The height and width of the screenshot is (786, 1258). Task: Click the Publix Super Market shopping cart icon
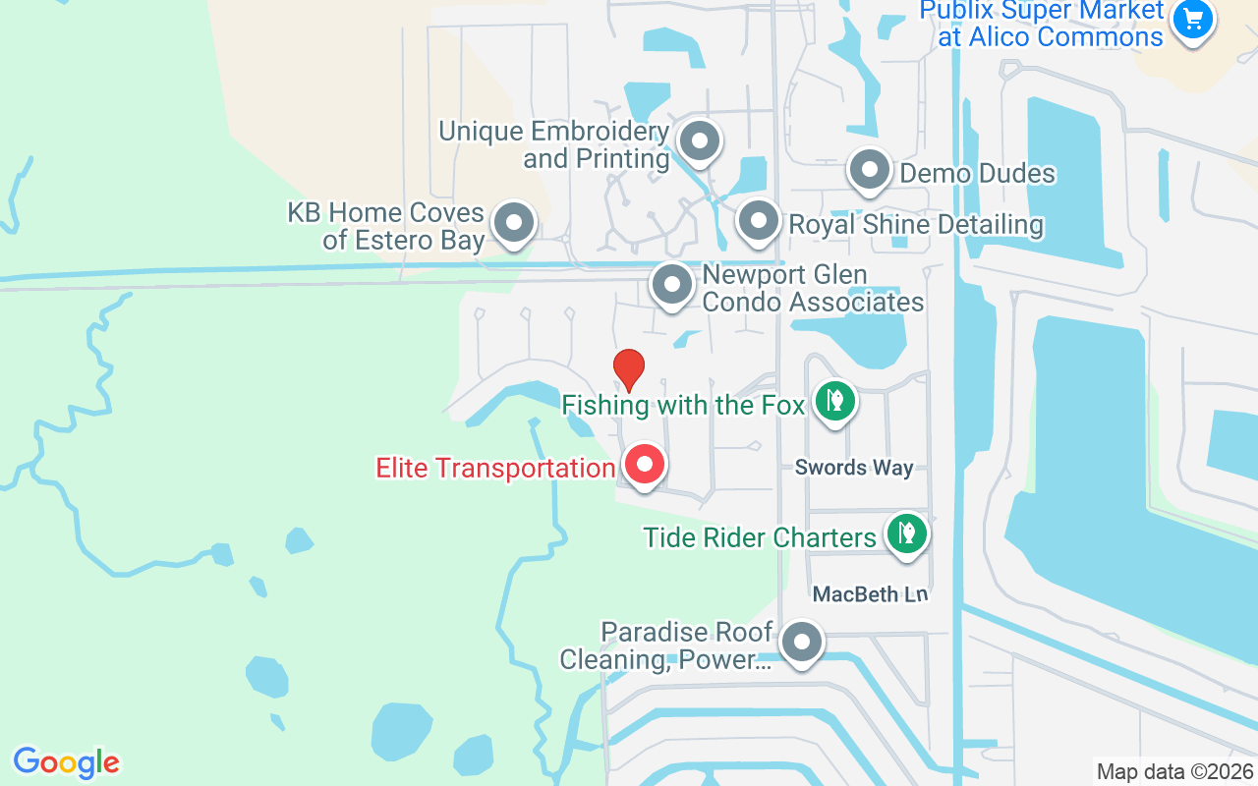(x=1193, y=20)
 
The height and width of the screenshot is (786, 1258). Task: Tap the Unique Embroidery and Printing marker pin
(x=700, y=141)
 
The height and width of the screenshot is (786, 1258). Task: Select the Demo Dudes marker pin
(x=869, y=171)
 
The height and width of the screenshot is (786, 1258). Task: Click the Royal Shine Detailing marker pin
(x=758, y=222)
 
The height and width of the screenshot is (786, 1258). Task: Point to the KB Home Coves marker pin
(x=512, y=224)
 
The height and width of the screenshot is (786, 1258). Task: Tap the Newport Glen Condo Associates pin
(x=672, y=286)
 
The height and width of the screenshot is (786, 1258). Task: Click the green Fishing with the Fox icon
(x=834, y=401)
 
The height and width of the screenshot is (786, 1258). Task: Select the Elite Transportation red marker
(x=645, y=464)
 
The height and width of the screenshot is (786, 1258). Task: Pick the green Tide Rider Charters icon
(x=906, y=534)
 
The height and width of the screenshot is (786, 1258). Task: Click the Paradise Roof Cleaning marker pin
(x=802, y=645)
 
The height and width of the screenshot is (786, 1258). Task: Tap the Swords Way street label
(x=854, y=469)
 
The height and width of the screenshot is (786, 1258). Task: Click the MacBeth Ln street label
(x=870, y=594)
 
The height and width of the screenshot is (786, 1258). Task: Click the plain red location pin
(x=629, y=369)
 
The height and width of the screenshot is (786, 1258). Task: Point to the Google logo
(x=66, y=762)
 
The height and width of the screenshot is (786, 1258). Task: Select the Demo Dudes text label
(x=978, y=174)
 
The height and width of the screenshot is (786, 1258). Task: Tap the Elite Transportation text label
(x=495, y=468)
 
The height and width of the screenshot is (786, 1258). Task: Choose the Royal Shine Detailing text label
(x=916, y=225)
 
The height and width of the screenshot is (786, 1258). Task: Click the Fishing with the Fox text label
(x=683, y=404)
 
